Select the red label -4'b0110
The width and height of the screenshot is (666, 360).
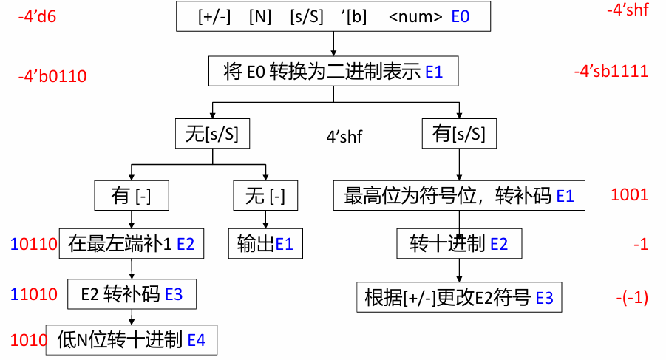click(52, 76)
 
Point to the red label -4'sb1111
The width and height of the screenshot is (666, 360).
click(611, 72)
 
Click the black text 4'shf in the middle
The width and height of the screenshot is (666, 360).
click(344, 136)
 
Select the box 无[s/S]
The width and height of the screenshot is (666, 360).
click(211, 135)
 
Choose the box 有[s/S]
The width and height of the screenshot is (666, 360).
click(459, 134)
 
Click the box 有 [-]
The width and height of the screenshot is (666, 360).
click(131, 196)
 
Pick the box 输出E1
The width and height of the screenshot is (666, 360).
click(265, 244)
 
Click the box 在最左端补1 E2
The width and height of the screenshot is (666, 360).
click(131, 244)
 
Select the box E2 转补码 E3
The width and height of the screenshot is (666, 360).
click(131, 293)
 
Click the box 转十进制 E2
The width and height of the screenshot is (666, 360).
click(459, 244)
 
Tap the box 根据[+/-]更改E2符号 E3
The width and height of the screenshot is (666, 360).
click(459, 298)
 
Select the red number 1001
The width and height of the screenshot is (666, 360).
click(629, 195)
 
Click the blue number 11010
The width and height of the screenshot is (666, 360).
click(34, 294)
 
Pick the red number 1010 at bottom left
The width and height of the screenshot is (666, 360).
click(29, 340)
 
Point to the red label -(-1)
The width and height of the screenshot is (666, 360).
click(631, 298)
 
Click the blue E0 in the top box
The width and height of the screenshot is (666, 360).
click(460, 16)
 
